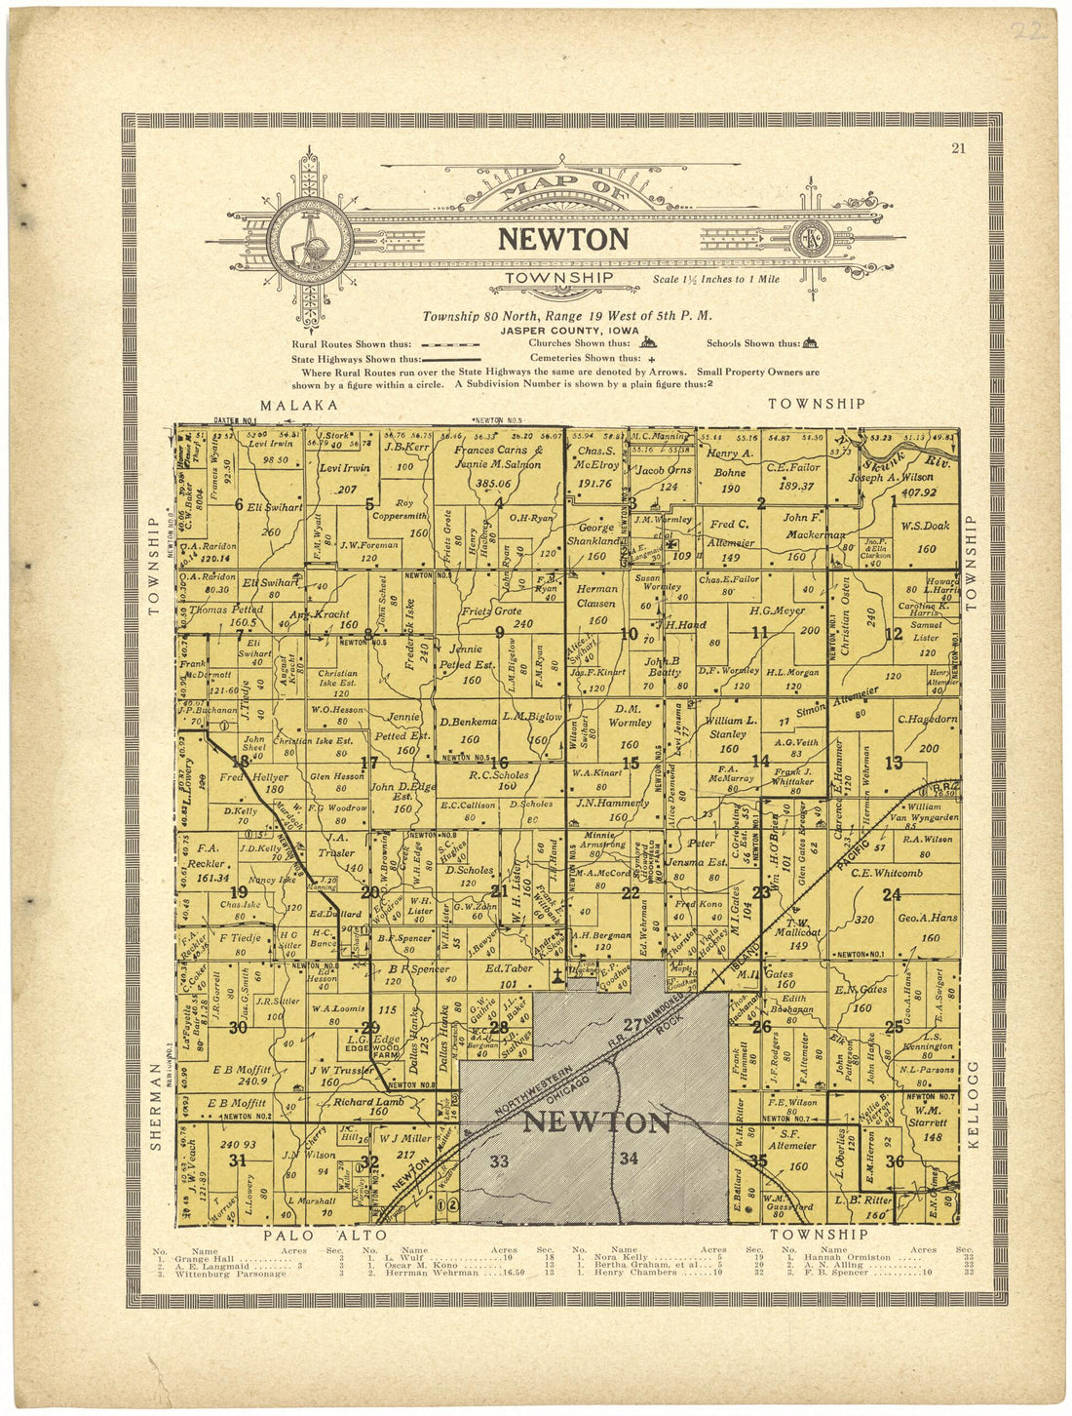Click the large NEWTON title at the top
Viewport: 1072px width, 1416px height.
click(x=563, y=239)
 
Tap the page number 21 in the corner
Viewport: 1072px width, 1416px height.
click(x=958, y=148)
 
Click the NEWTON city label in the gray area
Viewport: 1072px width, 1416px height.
click(x=596, y=1122)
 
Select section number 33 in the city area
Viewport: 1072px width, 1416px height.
click(x=499, y=1160)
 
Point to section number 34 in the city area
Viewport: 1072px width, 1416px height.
click(x=629, y=1158)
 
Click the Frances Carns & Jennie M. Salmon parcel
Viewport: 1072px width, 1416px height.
click(x=491, y=457)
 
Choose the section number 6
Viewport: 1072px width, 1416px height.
click(x=238, y=504)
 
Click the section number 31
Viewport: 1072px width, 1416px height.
click(x=237, y=1160)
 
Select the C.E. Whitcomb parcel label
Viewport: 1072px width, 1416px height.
click(x=887, y=873)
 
